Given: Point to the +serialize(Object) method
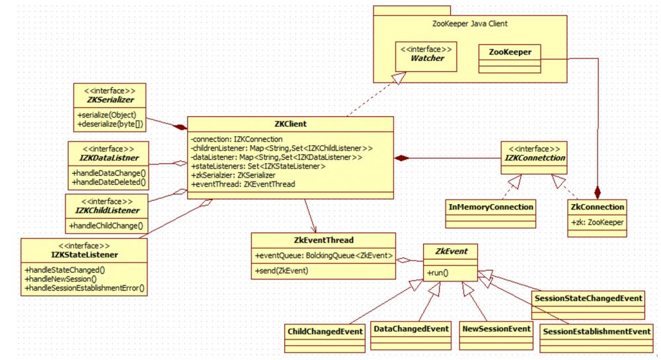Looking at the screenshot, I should tap(106, 114).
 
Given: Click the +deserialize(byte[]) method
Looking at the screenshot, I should tap(110, 124).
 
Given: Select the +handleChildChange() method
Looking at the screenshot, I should tap(106, 226).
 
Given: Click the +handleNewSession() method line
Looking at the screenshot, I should tap(67, 279).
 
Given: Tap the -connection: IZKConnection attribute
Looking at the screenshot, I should tap(236, 139).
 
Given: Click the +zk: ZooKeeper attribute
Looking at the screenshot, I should tap(597, 223).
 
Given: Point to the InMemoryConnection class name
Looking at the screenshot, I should tap(490, 207).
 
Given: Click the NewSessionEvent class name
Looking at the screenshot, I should tap(496, 328).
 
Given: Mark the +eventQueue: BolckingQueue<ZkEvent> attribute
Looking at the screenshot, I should tap(323, 256).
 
